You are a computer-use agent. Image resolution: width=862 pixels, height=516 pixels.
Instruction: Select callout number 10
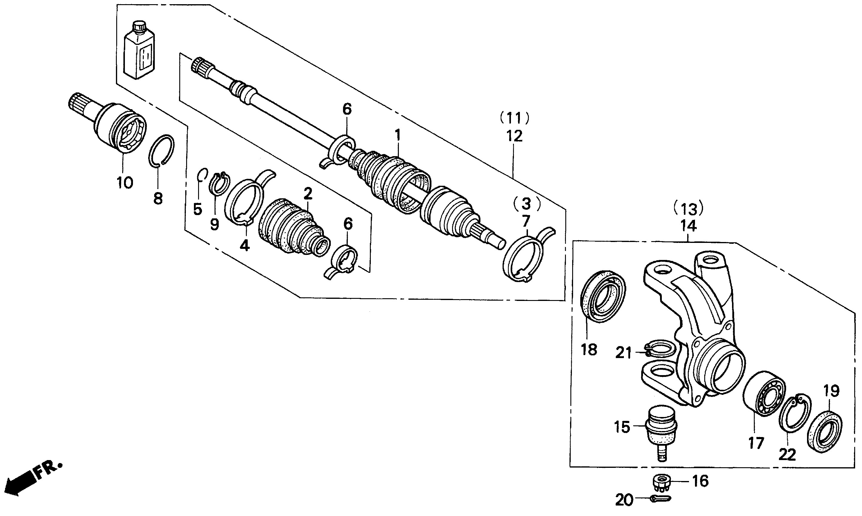[x=125, y=182]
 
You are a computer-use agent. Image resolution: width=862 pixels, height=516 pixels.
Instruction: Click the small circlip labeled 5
[x=202, y=175]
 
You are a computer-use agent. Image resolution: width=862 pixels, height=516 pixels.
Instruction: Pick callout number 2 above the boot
[x=308, y=194]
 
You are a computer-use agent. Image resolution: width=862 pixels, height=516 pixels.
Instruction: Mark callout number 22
[x=787, y=455]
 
